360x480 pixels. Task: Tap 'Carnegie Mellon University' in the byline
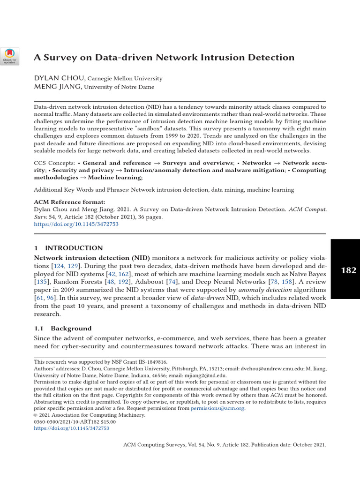(x=125, y=79)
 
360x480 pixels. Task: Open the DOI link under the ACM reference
(x=76, y=224)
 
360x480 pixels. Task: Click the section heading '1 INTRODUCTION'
(x=68, y=248)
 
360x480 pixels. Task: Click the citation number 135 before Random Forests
(x=43, y=282)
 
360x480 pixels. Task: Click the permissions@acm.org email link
(x=217, y=408)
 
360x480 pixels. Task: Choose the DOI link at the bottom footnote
(x=72, y=428)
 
